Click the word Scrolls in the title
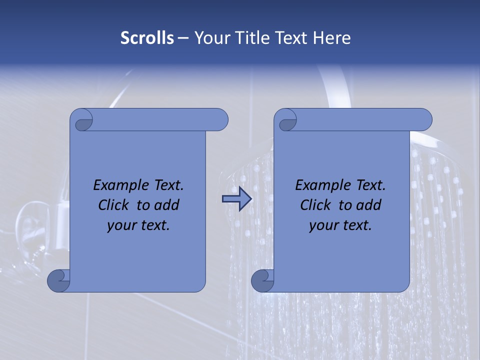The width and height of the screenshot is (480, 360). coord(147,38)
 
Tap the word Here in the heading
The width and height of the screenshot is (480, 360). coord(331,38)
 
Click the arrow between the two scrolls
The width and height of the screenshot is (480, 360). coord(237,199)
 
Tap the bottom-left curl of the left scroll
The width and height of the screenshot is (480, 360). coord(58,280)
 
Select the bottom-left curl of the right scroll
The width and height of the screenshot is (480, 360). coord(262,280)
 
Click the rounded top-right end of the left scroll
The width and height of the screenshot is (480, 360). coord(220,119)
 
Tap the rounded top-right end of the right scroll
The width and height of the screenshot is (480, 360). coord(424,119)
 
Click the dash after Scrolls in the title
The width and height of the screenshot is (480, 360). coord(183,38)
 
